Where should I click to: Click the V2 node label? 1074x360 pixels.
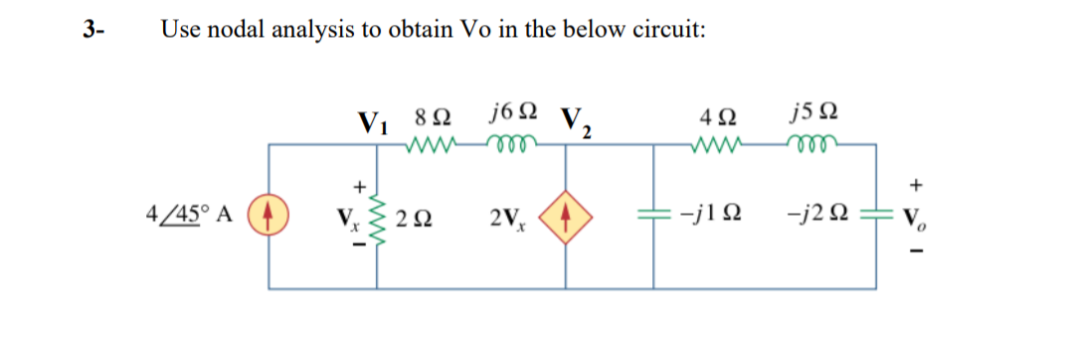(x=577, y=121)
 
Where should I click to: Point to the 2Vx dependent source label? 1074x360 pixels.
(x=513, y=216)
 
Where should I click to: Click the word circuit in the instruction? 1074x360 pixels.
(x=671, y=29)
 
